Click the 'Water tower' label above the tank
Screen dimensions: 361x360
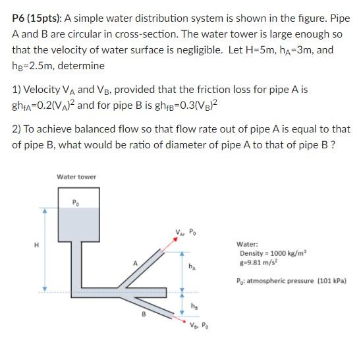[x=76, y=177]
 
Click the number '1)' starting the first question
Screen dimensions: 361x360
[x=18, y=90]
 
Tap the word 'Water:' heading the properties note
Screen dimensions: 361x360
[x=249, y=243]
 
